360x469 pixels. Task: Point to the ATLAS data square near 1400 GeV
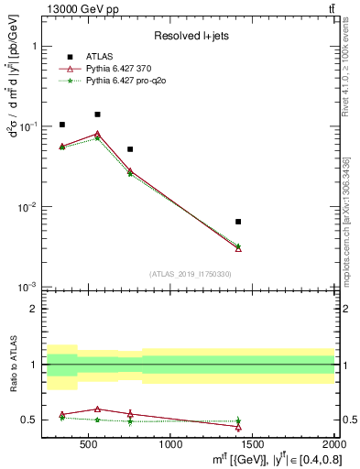coord(238,222)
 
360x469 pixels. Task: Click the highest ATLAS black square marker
coord(97,115)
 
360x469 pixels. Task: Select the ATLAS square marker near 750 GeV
coord(130,148)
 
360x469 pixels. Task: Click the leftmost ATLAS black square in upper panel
coord(62,125)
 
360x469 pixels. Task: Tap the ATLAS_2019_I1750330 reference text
coord(191,274)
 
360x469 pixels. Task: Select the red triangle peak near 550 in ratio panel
coord(97,409)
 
